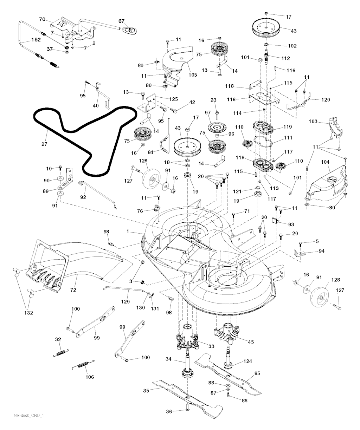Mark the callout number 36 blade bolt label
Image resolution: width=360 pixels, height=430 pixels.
pos(169,411)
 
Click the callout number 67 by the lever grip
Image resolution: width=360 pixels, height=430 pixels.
pos(122,21)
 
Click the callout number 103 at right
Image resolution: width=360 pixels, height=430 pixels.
pos(313,121)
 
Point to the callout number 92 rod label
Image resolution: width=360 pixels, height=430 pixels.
pos(83,197)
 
